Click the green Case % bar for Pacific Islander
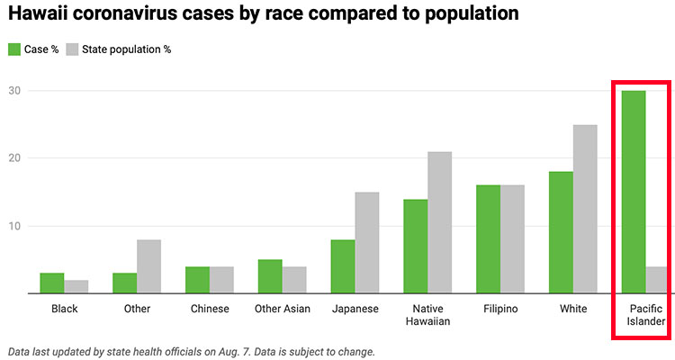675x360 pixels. (634, 192)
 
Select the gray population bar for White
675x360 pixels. (585, 209)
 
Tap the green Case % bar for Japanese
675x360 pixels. (343, 266)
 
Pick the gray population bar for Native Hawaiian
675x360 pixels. (439, 222)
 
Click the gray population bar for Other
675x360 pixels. (148, 266)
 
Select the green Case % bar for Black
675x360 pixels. (52, 283)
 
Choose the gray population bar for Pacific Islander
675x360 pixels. (657, 280)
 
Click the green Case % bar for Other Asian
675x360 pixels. (270, 276)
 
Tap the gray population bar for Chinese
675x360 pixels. (221, 280)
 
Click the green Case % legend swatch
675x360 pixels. (14, 49)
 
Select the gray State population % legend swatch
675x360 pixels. (73, 49)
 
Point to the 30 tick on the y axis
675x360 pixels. (14, 91)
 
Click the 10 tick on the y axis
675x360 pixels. (14, 226)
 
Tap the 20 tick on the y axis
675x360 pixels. (14, 158)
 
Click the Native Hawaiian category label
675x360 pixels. (427, 315)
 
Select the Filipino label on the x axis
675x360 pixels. (499, 309)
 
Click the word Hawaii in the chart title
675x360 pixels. (37, 14)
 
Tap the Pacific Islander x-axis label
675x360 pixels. (645, 315)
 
